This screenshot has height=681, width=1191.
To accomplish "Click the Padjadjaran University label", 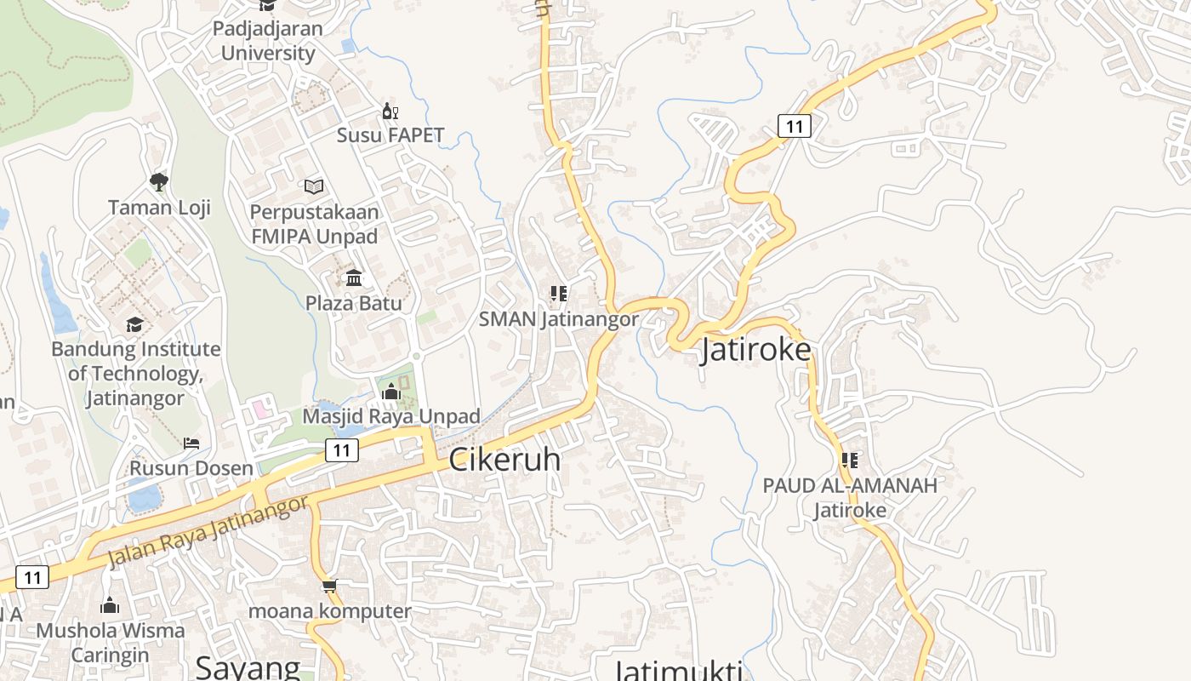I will click(267, 40).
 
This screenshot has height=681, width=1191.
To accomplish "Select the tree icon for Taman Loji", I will click(158, 181).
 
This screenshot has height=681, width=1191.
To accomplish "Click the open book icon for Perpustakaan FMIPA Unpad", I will click(314, 186).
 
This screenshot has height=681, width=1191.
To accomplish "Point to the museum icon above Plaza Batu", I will click(354, 278).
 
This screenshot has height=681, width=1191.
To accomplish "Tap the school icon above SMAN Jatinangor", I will click(558, 295).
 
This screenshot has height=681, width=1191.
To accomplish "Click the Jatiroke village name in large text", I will click(755, 350).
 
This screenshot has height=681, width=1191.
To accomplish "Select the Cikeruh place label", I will click(504, 460).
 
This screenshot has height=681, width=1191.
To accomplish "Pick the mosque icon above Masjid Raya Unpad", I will click(391, 392).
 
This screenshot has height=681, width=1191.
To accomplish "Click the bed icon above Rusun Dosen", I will click(191, 444).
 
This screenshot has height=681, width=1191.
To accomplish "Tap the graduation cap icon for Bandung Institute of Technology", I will click(134, 324).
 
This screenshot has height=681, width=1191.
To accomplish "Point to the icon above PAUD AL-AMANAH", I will click(849, 461).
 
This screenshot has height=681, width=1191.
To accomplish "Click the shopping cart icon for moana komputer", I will click(330, 586).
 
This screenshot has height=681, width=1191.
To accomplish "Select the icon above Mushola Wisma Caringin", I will click(110, 605).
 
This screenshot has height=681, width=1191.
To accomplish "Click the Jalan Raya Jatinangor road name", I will click(208, 532).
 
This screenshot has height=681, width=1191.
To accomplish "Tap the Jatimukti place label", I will click(678, 669).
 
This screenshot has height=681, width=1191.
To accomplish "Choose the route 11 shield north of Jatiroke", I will click(794, 127).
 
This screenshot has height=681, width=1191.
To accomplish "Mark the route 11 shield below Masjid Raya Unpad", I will click(341, 450).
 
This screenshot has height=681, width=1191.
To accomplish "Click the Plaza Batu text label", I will click(354, 303).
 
